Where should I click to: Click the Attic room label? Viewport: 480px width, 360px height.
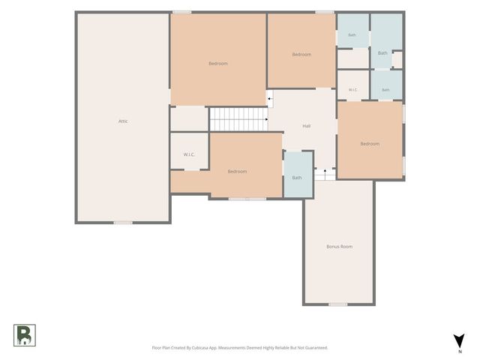coord(123,121)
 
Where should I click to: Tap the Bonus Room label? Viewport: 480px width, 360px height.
coord(339,247)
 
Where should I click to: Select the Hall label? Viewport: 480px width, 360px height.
coord(307,126)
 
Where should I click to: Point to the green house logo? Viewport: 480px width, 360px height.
coord(25,335)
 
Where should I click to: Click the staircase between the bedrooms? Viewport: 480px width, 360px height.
coord(238,119)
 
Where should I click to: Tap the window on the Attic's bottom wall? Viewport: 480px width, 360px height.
coord(123,223)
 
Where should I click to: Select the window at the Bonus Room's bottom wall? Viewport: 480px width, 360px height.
coord(338,304)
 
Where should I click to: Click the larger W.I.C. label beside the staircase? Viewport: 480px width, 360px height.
coord(189,154)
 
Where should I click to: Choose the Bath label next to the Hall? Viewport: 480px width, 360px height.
coord(297,178)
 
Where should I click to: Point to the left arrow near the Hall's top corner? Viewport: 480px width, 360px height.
coord(270,99)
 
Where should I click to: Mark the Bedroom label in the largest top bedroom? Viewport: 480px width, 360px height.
coord(218,63)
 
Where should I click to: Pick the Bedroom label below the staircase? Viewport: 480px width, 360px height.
coord(237,172)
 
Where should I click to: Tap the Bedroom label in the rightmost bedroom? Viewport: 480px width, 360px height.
coord(370,143)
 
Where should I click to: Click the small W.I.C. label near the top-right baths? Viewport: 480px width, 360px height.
coord(352,90)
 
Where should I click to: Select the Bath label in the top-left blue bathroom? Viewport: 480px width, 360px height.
coord(352,35)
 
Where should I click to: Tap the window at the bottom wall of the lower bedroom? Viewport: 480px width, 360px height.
coord(247,199)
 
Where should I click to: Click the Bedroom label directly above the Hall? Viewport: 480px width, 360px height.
coord(301,55)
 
